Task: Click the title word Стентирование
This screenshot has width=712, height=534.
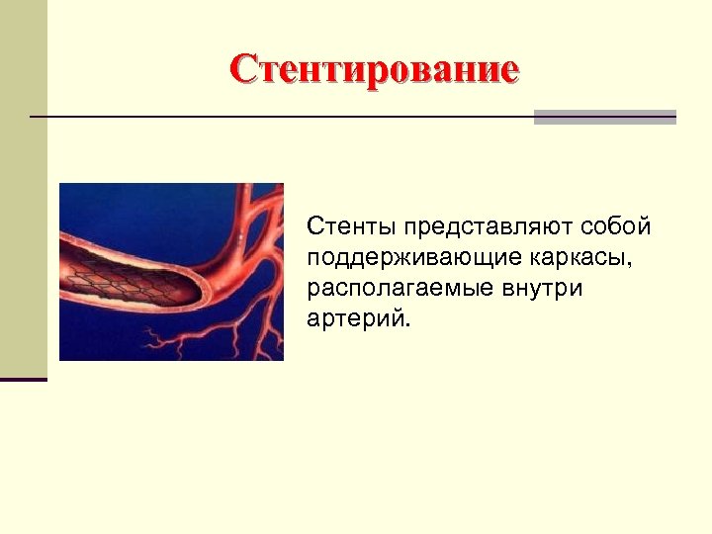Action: coord(374,70)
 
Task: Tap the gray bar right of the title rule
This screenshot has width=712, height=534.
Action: coord(604,117)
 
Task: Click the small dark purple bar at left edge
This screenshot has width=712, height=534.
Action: coord(23,379)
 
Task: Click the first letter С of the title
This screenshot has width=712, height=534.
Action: coord(242,70)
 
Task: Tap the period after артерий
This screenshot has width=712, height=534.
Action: coord(404,326)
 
